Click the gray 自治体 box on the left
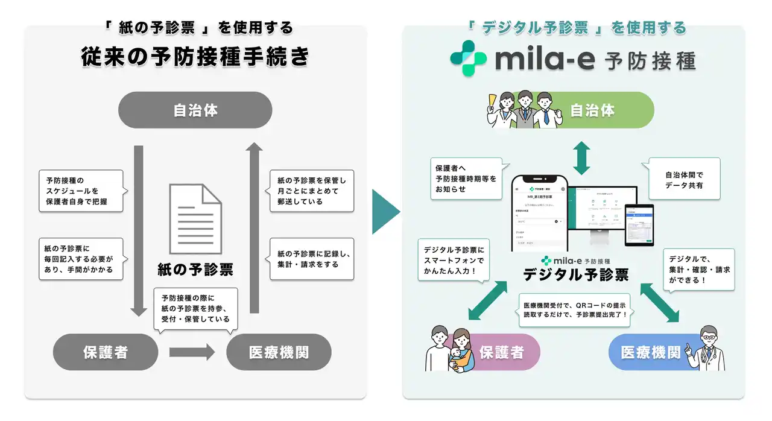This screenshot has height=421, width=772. pyautogui.click(x=195, y=110)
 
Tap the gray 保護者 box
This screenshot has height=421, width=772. pyautogui.click(x=106, y=352)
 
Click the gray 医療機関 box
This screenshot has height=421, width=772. pyautogui.click(x=279, y=352)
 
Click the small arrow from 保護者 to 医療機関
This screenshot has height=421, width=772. pyautogui.click(x=192, y=352)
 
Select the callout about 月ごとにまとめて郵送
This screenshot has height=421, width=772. pyautogui.click(x=311, y=191)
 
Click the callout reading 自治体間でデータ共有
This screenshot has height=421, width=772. pyautogui.click(x=684, y=179)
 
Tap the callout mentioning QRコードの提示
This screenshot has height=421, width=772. pyautogui.click(x=574, y=309)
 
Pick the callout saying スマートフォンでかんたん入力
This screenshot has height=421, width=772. pyautogui.click(x=453, y=260)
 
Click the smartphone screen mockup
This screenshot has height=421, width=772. pyautogui.click(x=538, y=214)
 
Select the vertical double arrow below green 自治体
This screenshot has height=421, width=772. pyautogui.click(x=580, y=158)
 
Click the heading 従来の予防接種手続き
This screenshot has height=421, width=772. pyautogui.click(x=195, y=57)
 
